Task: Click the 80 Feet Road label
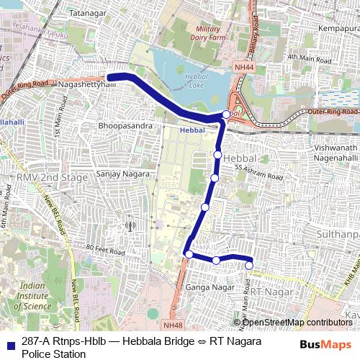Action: (105, 251)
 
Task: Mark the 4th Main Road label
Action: (307, 57)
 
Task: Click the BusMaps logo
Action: (328, 344)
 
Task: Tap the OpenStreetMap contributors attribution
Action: (297, 322)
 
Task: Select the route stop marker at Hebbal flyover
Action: (227, 114)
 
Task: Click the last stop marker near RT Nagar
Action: (249, 266)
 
